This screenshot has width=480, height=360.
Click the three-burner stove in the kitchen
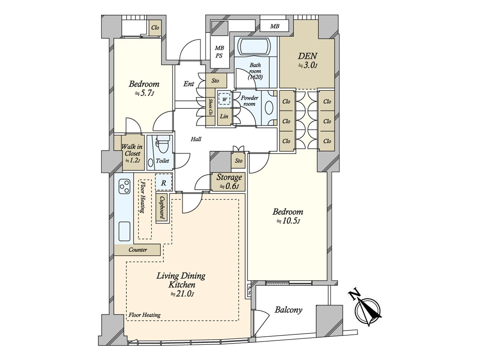pos(124,187)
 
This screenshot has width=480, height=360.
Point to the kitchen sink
pos(124,232)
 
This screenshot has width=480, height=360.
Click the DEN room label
pos(307,56)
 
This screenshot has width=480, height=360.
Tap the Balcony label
pos(288,310)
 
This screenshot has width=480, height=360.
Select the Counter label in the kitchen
pos(138,250)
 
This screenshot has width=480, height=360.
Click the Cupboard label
pos(162,208)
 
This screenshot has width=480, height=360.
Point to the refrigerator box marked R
pos(164,182)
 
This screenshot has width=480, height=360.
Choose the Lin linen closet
pos(224,117)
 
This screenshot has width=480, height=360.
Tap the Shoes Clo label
pos(210,107)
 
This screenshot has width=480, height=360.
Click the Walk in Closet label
pos(132,153)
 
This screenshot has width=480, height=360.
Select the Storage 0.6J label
pos(229,182)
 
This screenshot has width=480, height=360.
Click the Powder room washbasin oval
pos(269,108)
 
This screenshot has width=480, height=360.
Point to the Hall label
pos(196,139)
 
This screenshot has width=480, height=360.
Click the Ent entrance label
pos(188,84)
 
